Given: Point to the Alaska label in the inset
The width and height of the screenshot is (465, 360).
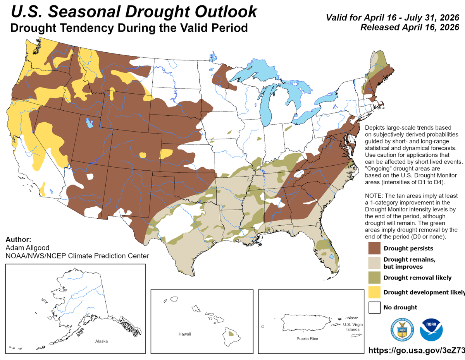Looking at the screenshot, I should point(102,341).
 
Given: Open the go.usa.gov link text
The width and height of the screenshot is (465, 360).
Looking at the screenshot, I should point(416,350).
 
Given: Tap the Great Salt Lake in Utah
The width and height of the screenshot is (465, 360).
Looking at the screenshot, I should point(90,124).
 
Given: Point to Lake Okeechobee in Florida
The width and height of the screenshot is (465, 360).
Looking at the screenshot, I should point(331,257).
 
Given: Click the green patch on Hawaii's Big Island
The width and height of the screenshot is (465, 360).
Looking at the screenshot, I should point(231,333).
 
